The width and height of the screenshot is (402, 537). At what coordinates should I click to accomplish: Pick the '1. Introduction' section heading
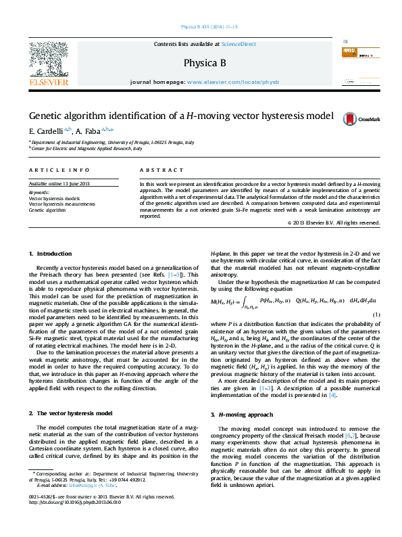tap(50, 254)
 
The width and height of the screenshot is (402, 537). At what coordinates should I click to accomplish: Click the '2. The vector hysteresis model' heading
tap(69, 412)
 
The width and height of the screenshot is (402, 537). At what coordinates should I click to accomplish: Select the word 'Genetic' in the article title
tap(47, 116)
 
